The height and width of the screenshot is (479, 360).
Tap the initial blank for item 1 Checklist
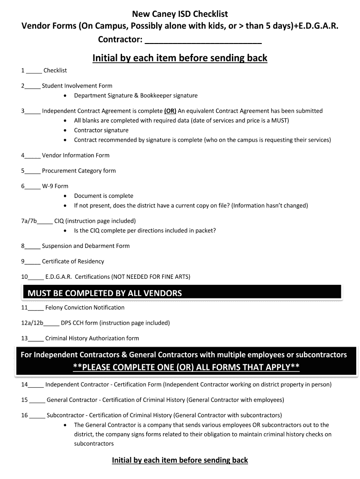34,72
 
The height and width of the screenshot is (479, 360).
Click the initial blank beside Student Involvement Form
33,87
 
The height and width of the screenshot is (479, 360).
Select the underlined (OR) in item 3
170,111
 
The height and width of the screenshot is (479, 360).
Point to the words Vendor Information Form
76,155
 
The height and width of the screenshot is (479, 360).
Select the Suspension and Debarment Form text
86,246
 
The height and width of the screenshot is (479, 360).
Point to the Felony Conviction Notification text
85,308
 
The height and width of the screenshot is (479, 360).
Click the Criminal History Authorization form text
92,338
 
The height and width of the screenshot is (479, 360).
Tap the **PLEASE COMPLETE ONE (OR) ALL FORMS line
186,367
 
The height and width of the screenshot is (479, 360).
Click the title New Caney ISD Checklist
180,15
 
